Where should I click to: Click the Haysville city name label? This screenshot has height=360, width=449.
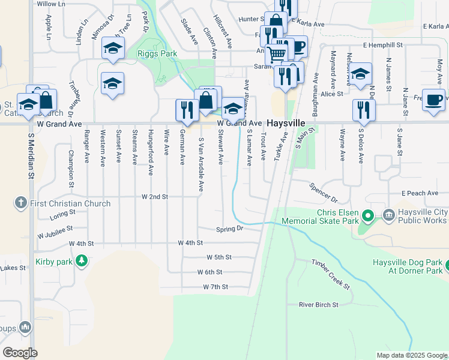pyautogui.click(x=286, y=122)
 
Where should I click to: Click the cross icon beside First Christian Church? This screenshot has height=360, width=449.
pyautogui.click(x=21, y=203)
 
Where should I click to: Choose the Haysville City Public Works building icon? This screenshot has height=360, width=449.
pyautogui.click(x=388, y=214)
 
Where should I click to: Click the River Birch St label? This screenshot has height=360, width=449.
pyautogui.click(x=319, y=305)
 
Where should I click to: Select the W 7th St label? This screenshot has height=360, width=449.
pyautogui.click(x=215, y=287)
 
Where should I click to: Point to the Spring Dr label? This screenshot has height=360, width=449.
pyautogui.click(x=230, y=229)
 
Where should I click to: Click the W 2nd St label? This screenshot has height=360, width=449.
pyautogui.click(x=155, y=197)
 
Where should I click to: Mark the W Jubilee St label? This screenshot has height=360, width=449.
pyautogui.click(x=54, y=229)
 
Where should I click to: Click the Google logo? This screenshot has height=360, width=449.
pyautogui.click(x=20, y=352)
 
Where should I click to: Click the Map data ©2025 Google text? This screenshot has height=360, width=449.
pyautogui.click(x=411, y=355)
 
